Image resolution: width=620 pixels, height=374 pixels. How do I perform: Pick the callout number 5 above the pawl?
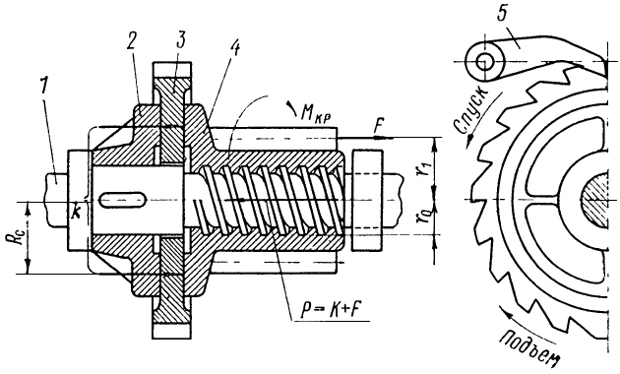(x=502, y=14)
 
